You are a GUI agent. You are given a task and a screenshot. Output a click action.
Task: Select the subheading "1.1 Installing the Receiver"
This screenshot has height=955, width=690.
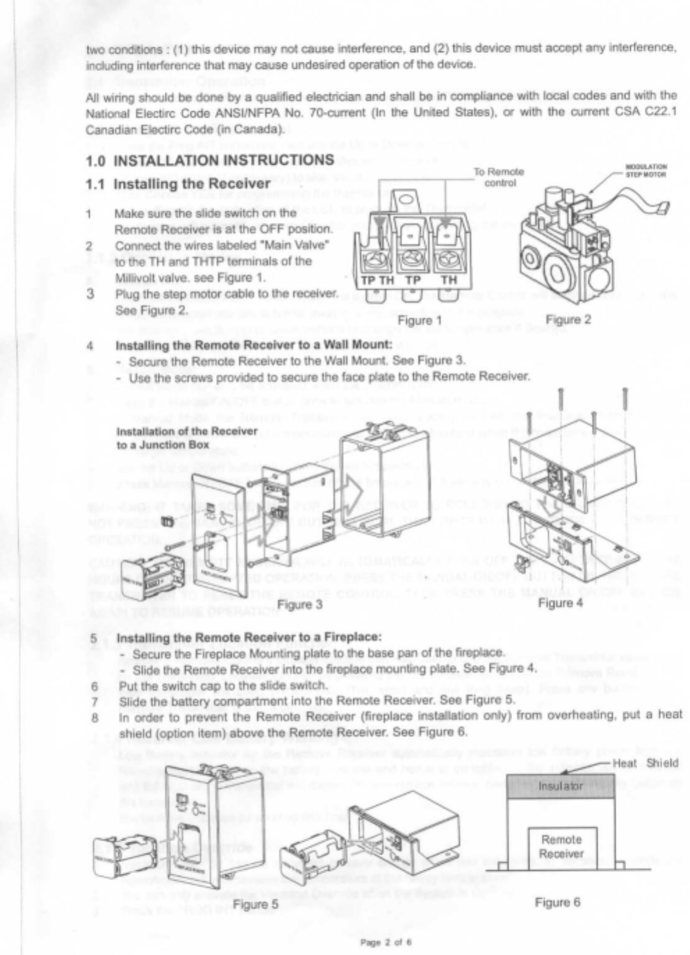click(191, 184)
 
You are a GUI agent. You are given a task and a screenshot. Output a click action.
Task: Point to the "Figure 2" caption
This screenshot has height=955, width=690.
click(568, 319)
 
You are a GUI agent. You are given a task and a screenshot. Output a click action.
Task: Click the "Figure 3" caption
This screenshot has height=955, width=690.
click(299, 604)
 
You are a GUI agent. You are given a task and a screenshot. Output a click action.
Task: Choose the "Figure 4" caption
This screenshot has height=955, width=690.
click(560, 603)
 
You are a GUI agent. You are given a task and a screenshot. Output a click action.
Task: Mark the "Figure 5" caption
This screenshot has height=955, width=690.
click(255, 904)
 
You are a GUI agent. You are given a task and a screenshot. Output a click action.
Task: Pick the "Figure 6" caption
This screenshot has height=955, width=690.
click(557, 902)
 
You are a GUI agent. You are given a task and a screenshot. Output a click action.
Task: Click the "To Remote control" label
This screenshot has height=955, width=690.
click(500, 177)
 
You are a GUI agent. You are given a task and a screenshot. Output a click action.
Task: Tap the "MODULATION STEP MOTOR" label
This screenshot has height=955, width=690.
click(646, 170)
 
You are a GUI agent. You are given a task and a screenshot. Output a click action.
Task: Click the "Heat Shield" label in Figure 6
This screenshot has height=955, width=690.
click(646, 763)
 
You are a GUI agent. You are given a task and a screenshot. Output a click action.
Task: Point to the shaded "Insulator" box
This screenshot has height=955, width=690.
click(561, 786)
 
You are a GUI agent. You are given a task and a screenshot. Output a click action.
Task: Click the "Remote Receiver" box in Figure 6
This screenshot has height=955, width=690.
click(561, 847)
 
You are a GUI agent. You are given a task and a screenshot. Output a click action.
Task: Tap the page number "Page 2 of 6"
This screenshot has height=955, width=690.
click(386, 942)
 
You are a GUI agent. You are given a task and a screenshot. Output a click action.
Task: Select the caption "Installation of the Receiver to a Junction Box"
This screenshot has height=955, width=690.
click(186, 438)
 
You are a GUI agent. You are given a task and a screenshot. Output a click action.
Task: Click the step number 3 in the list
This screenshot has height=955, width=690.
click(90, 293)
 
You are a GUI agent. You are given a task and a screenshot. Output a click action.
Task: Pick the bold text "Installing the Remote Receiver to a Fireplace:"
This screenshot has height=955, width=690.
click(249, 638)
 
